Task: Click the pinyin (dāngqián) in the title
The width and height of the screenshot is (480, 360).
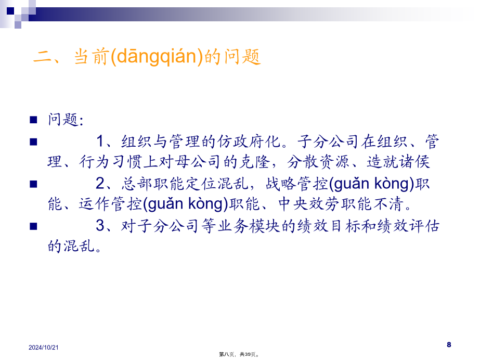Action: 157,57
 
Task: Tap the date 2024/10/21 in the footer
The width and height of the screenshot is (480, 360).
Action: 44,348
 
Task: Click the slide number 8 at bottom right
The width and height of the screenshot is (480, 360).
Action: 449,345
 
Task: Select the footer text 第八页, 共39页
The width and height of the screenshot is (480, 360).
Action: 239,354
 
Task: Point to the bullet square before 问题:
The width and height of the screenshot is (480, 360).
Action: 33,119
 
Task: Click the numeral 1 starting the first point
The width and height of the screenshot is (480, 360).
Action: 100,142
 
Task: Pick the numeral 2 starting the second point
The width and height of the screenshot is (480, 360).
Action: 100,183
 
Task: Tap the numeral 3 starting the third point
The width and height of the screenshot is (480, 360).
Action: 100,226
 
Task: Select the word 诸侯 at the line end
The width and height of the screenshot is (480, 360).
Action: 414,162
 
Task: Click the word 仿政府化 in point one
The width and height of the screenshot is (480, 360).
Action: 249,142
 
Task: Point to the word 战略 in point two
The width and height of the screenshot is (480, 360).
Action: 281,184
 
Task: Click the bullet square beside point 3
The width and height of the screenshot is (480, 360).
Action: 33,226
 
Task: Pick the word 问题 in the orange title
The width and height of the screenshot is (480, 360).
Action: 242,57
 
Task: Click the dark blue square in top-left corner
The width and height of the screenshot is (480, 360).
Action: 10,11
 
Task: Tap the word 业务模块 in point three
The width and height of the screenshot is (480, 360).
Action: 249,226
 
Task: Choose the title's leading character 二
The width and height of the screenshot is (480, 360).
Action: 43,57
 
